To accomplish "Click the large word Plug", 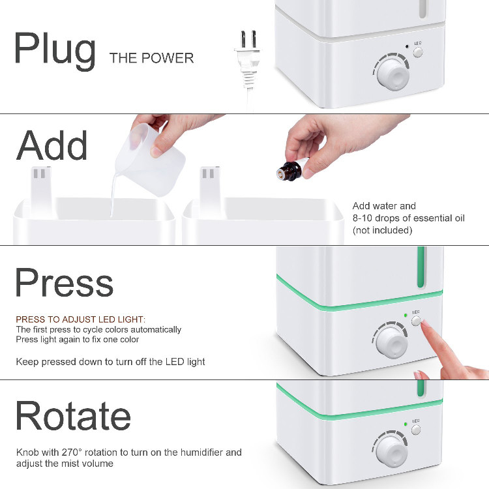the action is click(x=55, y=51).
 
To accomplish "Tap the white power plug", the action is click(x=248, y=59).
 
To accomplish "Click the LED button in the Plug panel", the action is click(x=418, y=52).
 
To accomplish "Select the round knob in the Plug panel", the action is click(x=393, y=74).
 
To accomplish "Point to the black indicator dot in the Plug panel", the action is click(x=407, y=46).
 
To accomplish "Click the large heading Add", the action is click(x=52, y=145).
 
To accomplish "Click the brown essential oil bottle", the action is click(x=289, y=171).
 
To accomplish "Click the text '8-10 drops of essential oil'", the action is click(x=409, y=218).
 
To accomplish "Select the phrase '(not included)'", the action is click(x=382, y=230).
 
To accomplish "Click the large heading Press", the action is click(x=65, y=283).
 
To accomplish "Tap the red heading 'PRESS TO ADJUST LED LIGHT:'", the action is click(x=80, y=319).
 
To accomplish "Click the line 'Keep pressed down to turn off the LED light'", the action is click(x=110, y=362).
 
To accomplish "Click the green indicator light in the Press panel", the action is click(x=406, y=316).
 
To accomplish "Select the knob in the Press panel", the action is click(x=392, y=342).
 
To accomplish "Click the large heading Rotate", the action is click(x=73, y=416).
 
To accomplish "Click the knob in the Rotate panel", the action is click(x=391, y=452).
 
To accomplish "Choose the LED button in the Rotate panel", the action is click(x=416, y=430).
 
